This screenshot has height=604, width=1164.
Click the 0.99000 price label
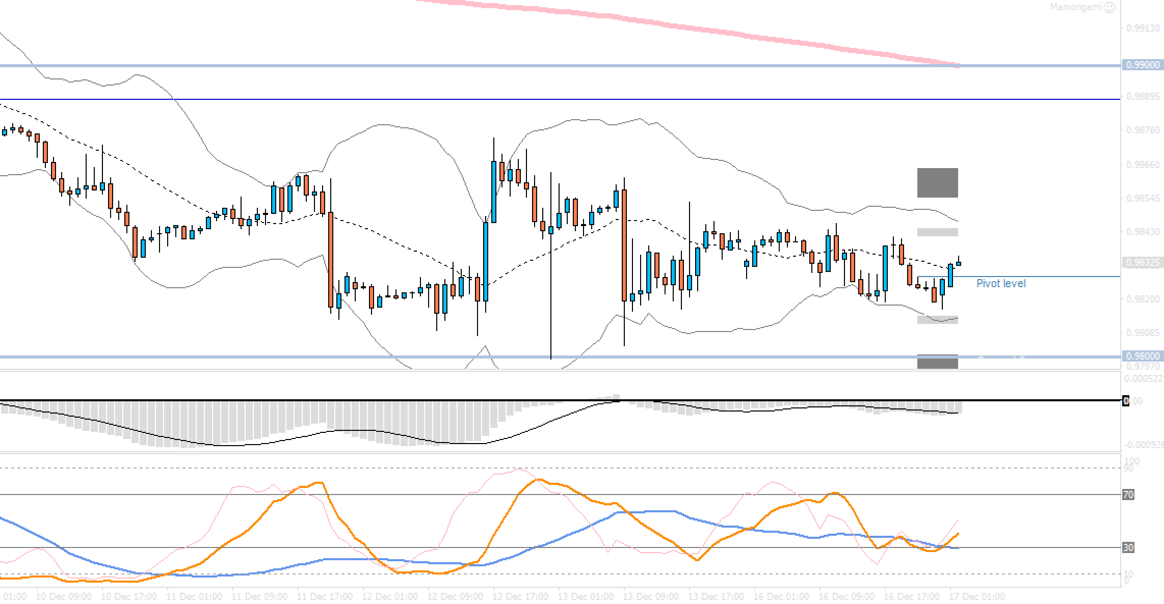pos(1142,65)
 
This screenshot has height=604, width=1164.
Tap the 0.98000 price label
pos(1142,356)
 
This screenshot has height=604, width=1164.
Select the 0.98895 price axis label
pos(1142,97)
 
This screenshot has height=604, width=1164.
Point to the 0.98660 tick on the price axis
pos(1142,164)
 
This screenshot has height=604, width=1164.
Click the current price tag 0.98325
pos(1142,263)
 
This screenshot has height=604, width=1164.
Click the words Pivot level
pos(1000,284)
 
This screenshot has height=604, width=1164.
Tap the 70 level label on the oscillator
pos(1128,495)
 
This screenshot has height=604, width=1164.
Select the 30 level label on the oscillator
pos(1128,547)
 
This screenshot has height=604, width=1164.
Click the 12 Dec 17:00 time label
pos(520,596)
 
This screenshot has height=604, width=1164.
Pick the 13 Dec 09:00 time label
pos(651,596)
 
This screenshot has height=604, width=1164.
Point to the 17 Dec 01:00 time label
pos(977,596)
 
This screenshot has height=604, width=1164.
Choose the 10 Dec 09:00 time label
pos(64,596)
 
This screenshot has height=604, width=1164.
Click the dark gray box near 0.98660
pos(937,182)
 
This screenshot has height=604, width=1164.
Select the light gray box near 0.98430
pos(937,232)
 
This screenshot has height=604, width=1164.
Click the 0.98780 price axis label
pos(1142,130)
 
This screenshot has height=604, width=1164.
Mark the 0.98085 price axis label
pos(1142,333)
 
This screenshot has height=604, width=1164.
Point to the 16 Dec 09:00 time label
pos(846,596)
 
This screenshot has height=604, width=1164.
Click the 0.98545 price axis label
pos(1142,198)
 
